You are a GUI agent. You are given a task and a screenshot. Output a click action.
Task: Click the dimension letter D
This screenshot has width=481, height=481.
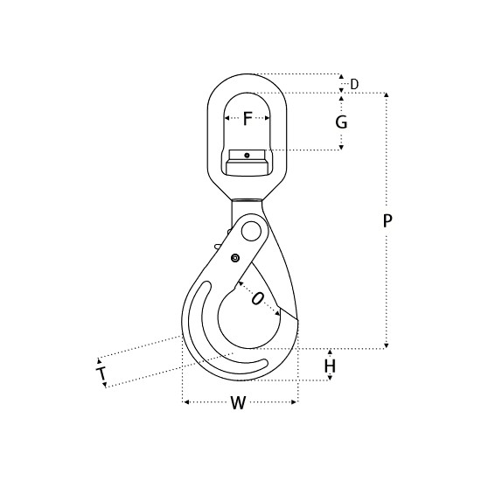point(354,84)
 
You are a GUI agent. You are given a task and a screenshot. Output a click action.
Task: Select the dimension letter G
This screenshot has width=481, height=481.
point(341,122)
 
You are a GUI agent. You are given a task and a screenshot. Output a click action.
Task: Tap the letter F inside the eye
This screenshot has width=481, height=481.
point(247,118)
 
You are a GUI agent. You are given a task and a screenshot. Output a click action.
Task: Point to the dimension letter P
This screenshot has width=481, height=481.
point(387,221)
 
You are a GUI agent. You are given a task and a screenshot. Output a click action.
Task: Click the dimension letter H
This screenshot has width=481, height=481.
point(330,366)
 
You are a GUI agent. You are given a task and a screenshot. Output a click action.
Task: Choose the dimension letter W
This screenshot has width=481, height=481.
point(238,402)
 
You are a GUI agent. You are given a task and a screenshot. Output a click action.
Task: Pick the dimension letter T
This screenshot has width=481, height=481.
point(101,373)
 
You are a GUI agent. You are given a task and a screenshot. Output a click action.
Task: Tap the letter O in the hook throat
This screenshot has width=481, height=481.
point(257,298)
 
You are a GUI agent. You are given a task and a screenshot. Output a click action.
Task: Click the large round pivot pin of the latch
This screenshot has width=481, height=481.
point(251,232)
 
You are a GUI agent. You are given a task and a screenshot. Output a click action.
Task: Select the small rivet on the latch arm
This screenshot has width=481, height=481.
point(235,258)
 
